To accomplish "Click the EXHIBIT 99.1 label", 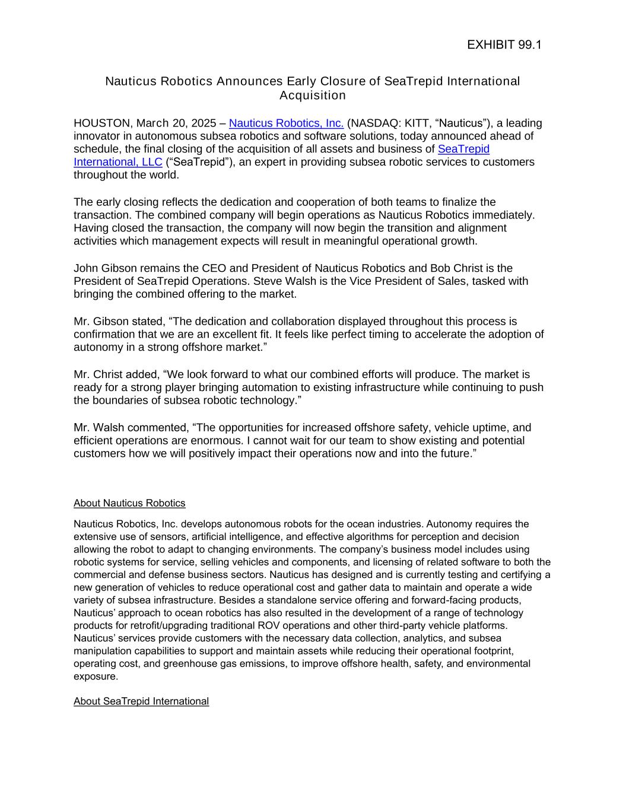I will [x=504, y=45].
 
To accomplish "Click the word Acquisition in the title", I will [x=313, y=96].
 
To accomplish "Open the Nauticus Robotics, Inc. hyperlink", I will [x=286, y=123].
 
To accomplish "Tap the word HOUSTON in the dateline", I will [x=102, y=123].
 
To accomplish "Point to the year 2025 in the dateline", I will [x=203, y=123].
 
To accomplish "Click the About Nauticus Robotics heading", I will [x=129, y=503].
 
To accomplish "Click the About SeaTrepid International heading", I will [x=141, y=701].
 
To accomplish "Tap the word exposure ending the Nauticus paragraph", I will [x=96, y=676].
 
